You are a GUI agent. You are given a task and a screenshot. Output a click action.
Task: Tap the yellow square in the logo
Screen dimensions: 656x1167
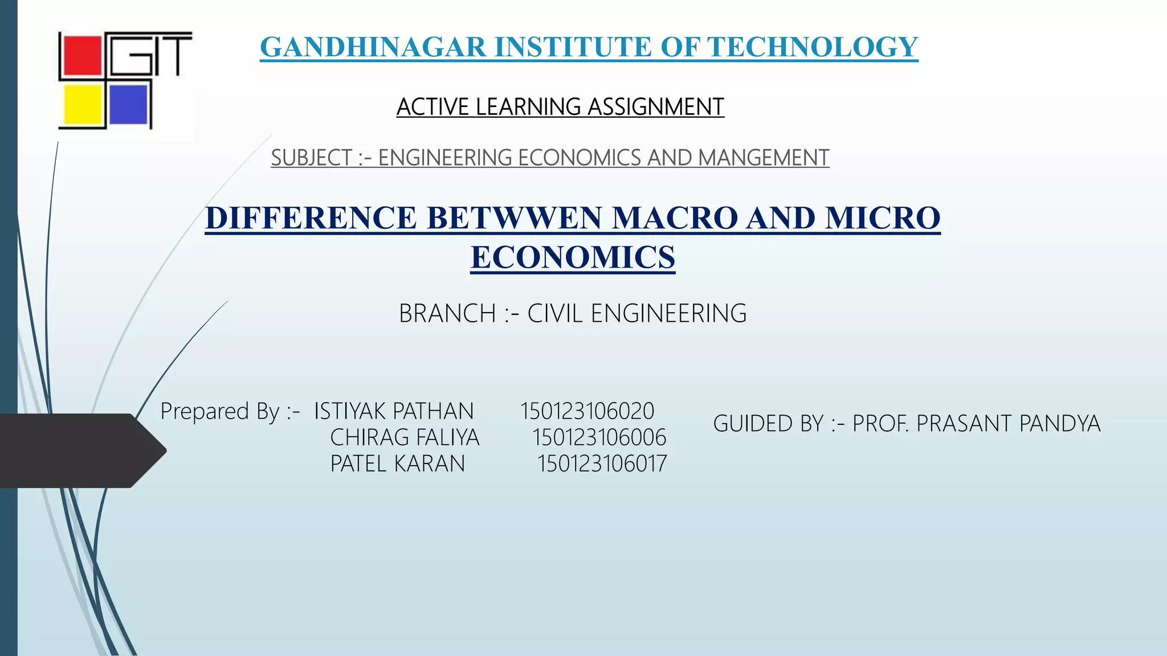click(x=83, y=104)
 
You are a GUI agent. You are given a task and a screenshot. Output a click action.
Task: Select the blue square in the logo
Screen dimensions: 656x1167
click(x=128, y=104)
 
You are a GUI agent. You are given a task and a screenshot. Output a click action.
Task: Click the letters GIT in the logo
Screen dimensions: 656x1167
click(x=150, y=54)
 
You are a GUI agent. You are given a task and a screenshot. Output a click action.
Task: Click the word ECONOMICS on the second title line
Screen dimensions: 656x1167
click(x=573, y=257)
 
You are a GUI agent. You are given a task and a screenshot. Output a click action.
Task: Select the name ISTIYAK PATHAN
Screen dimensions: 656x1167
click(x=394, y=411)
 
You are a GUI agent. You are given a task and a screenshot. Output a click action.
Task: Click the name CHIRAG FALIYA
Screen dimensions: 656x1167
click(x=405, y=437)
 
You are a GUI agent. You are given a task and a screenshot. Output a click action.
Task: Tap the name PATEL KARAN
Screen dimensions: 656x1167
click(x=398, y=464)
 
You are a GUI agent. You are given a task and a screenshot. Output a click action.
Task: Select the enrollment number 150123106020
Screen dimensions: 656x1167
click(x=587, y=411)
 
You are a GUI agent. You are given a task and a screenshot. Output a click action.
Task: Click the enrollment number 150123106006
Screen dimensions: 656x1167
click(x=599, y=437)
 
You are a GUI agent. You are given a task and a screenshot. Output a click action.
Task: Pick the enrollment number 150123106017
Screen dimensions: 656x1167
click(x=602, y=464)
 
